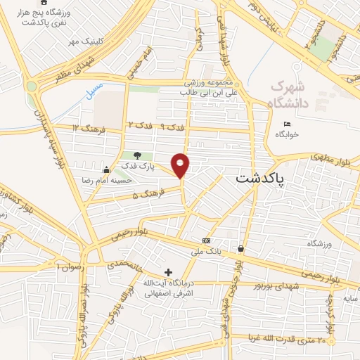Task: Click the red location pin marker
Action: coord(181,165)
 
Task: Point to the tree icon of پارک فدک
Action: coord(136,155)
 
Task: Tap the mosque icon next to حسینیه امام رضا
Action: coord(106,169)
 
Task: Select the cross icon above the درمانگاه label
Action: coord(167,272)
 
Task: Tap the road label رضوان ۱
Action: coord(69,268)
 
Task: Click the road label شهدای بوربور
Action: coord(280,286)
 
